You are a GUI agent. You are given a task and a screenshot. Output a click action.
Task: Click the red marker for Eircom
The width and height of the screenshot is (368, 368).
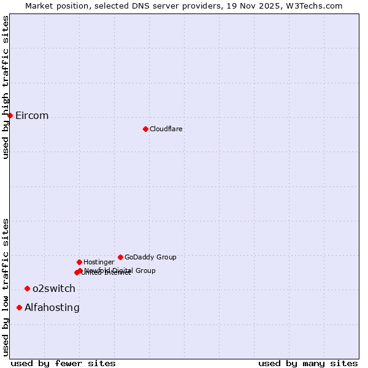point(10,115)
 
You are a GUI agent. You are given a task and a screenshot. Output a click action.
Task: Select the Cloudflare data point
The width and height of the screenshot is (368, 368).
point(145,129)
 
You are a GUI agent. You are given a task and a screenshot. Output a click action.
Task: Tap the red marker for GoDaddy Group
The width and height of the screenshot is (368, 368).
point(120,257)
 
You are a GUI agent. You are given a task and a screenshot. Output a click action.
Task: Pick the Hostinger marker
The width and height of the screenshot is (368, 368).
point(79,262)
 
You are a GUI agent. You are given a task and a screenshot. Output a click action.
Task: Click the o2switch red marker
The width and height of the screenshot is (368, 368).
point(27,288)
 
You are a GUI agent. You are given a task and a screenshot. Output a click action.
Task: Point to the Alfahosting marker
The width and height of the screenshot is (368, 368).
point(20,307)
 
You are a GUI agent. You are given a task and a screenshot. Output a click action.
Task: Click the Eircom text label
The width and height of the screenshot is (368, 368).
point(32,116)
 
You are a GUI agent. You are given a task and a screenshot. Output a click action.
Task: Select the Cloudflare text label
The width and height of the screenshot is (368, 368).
point(166,129)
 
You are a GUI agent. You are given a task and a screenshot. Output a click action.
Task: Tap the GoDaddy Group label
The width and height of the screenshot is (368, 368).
point(150,258)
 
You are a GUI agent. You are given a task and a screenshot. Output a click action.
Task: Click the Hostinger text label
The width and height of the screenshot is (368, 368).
point(99,263)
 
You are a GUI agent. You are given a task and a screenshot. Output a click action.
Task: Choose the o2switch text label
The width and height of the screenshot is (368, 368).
point(54,289)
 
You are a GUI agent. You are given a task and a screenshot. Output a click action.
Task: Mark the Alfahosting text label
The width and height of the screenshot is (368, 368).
point(52,308)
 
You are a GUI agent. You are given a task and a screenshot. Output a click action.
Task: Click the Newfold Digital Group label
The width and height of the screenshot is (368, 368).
point(120,270)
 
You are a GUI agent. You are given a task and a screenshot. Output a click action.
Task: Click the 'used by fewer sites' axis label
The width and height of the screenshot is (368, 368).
point(63,364)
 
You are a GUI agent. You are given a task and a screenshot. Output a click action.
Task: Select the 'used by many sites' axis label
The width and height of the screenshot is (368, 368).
point(308,364)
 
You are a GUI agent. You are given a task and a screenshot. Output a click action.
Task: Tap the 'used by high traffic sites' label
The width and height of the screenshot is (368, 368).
point(6,87)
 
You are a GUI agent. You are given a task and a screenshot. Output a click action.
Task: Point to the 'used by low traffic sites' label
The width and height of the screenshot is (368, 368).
point(6,287)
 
